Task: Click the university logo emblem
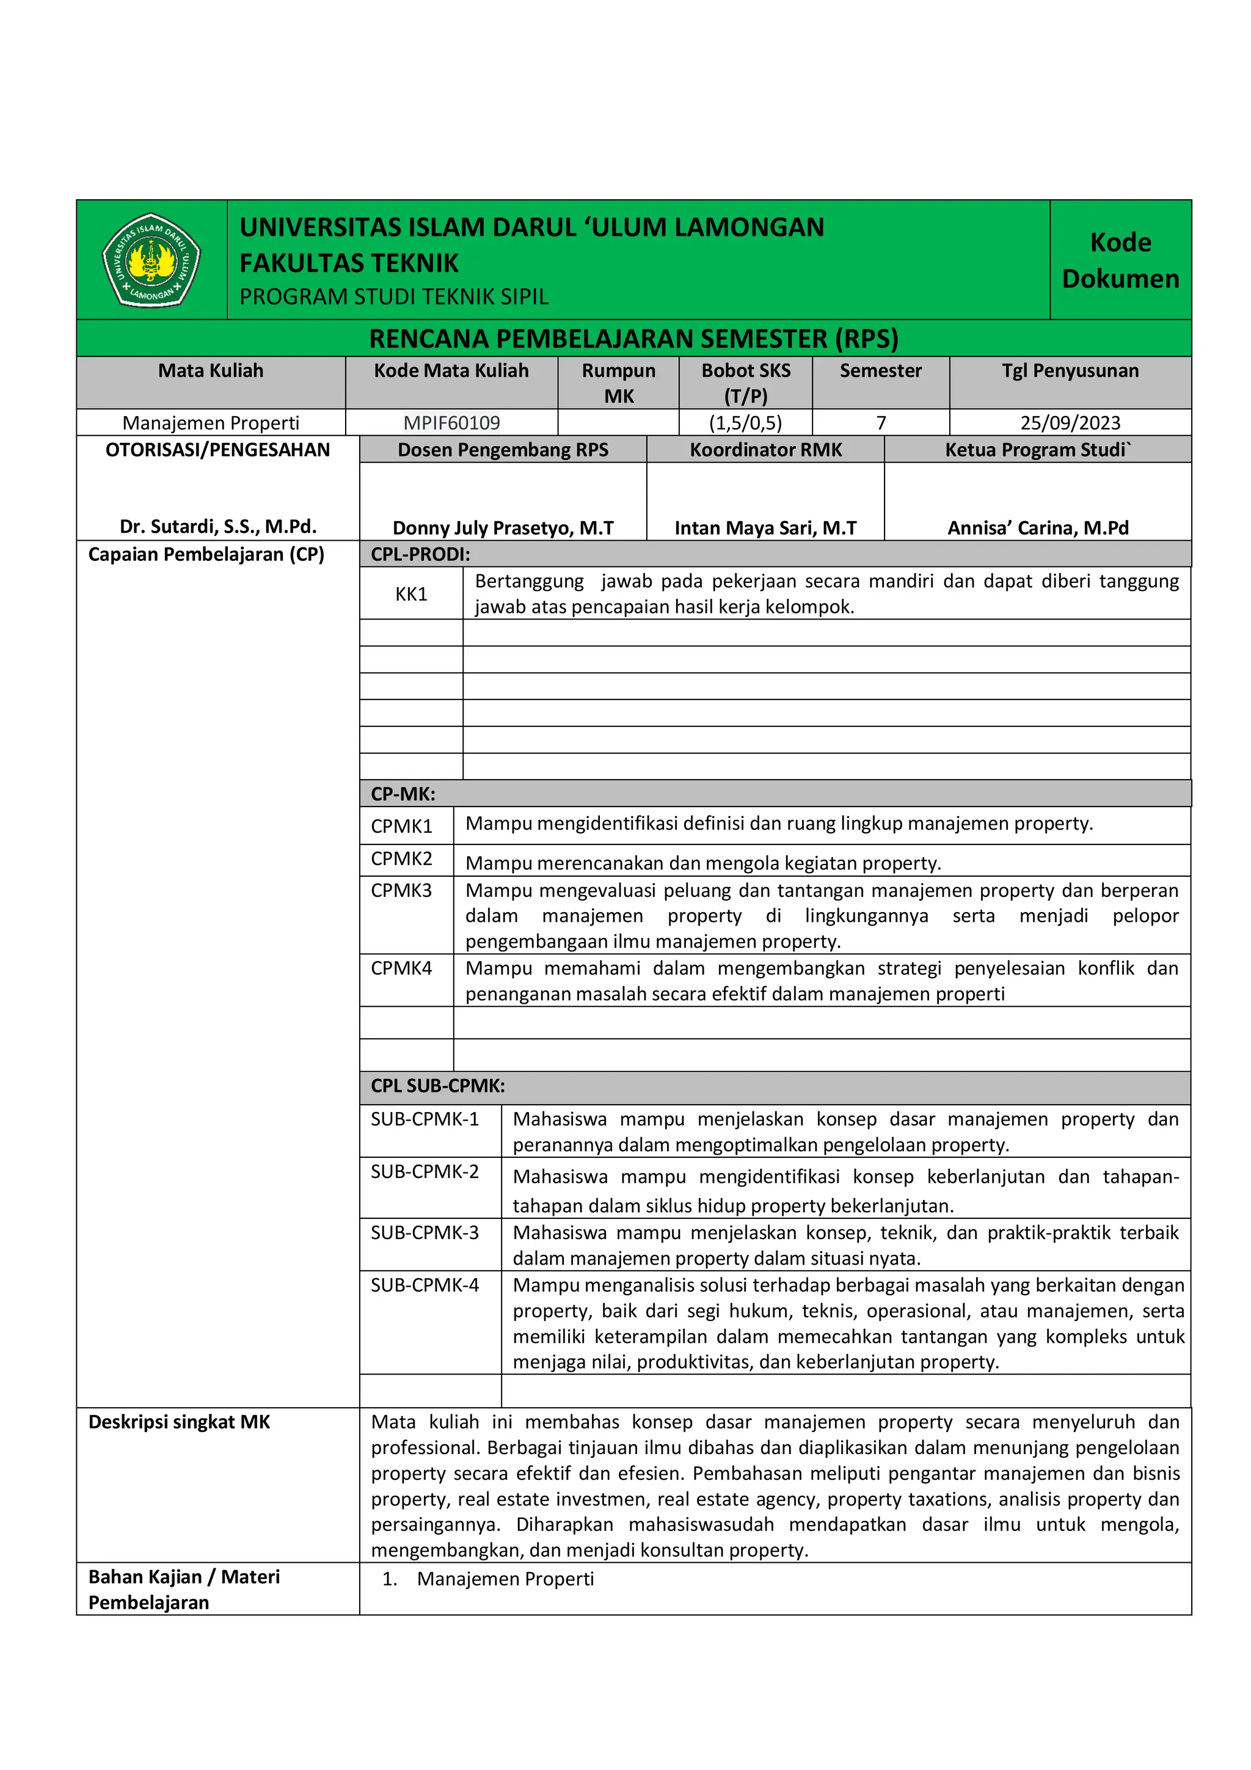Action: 151,260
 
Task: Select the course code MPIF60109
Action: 451,422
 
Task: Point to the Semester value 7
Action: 880,422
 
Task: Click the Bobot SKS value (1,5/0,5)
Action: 745,422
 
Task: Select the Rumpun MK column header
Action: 618,382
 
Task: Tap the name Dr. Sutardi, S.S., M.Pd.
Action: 218,527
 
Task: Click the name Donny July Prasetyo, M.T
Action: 503,528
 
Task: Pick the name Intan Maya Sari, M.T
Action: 765,528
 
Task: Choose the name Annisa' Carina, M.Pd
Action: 1037,528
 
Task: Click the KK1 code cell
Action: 411,594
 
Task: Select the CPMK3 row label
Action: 401,890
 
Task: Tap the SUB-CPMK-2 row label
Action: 425,1172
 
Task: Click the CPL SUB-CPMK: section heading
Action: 438,1086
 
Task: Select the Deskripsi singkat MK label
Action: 180,1422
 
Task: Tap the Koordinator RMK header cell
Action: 765,450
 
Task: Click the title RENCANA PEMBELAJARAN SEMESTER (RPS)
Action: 633,338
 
